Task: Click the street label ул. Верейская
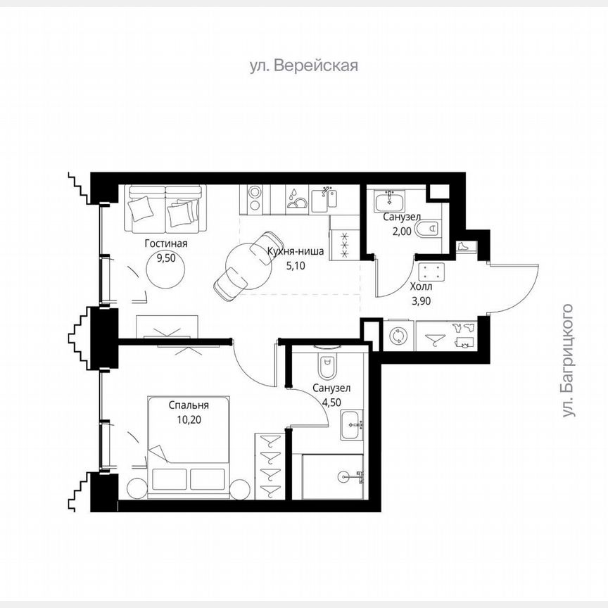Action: [x=304, y=66]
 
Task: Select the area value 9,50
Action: [x=167, y=258]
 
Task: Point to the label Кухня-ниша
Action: [x=296, y=252]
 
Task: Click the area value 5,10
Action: [x=296, y=266]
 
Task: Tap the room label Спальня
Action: [x=189, y=405]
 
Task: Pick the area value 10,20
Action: [x=189, y=419]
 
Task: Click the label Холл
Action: [x=422, y=287]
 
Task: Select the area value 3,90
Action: [x=422, y=300]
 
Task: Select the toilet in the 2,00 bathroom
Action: [x=428, y=228]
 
